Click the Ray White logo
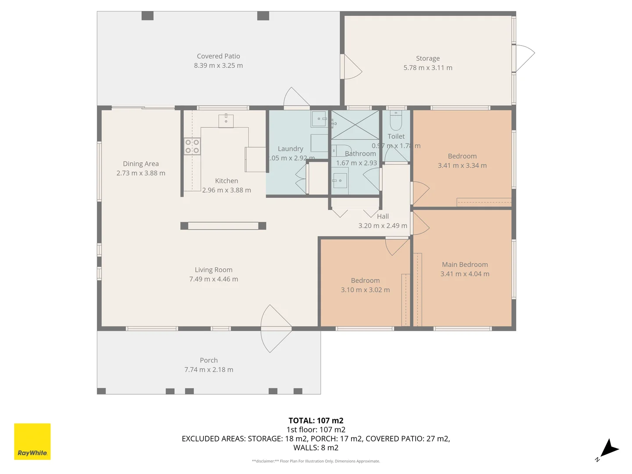point(32,442)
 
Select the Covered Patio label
point(218,56)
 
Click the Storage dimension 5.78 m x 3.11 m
point(427,68)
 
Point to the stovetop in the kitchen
point(192,146)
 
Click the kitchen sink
point(226,121)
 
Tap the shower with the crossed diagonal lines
point(355,125)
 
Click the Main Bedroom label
point(464,264)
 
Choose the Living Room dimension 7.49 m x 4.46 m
point(213,279)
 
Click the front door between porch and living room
point(276,328)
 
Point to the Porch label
point(208,360)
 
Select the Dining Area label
point(140,164)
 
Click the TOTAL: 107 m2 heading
point(316,420)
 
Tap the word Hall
point(383,216)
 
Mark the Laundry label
point(290,149)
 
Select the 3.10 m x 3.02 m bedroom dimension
point(365,290)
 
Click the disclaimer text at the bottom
point(316,461)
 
